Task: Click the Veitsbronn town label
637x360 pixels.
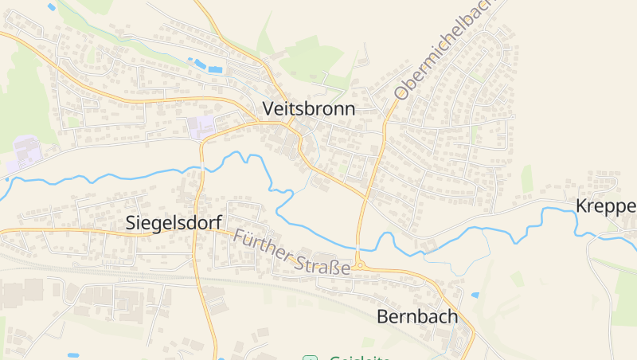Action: point(308,109)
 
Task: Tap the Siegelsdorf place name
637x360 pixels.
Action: point(173,224)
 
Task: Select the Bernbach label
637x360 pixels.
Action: point(416,316)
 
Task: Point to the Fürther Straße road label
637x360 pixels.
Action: point(291,252)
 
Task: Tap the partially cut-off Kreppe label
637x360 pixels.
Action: point(606,207)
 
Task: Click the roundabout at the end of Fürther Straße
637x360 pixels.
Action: point(359,265)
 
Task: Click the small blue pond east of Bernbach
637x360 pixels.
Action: point(475,295)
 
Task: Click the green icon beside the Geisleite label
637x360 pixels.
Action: point(310,358)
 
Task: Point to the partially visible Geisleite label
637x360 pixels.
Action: point(358,358)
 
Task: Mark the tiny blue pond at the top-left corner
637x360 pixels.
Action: point(52,6)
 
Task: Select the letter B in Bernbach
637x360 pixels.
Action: point(382,316)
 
